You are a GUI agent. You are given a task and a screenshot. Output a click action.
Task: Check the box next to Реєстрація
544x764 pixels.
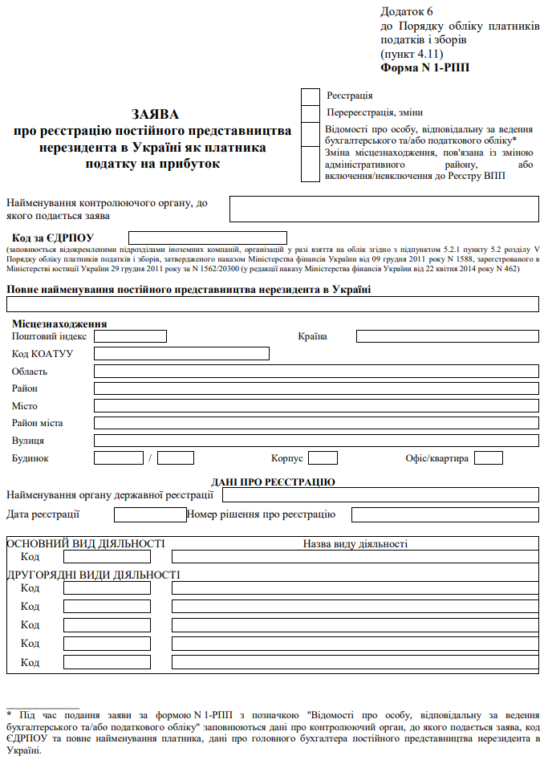(x=311, y=96)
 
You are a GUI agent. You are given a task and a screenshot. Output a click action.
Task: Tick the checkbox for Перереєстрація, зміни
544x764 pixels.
(x=311, y=114)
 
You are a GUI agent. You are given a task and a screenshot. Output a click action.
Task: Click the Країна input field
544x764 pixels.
(x=447, y=336)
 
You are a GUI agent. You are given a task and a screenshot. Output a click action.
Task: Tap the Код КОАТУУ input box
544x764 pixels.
(x=181, y=354)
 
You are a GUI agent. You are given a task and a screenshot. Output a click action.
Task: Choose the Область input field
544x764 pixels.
(x=316, y=372)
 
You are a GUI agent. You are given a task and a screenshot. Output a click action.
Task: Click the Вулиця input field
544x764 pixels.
(x=316, y=441)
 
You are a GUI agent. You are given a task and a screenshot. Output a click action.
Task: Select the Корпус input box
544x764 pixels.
(x=323, y=458)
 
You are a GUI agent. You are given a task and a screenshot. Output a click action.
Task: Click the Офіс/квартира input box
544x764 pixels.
(x=489, y=458)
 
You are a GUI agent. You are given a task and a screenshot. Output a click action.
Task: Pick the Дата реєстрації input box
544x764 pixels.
(x=150, y=515)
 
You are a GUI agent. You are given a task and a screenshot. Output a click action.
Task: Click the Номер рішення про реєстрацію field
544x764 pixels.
(x=446, y=515)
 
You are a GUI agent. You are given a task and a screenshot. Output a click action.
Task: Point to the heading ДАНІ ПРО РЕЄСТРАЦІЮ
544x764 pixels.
(x=273, y=482)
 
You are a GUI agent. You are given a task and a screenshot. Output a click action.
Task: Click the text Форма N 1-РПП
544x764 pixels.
(x=425, y=68)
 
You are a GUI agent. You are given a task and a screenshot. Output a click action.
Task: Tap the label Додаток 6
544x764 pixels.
(x=407, y=11)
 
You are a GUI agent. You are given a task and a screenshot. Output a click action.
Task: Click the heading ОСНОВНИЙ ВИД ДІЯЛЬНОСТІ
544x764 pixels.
(x=86, y=544)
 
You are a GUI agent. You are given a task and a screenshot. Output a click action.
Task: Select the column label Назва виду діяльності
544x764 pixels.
(x=355, y=544)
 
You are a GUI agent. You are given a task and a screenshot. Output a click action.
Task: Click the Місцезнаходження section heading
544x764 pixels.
(x=59, y=324)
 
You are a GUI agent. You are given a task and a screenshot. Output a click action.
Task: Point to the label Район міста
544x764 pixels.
(x=38, y=423)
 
